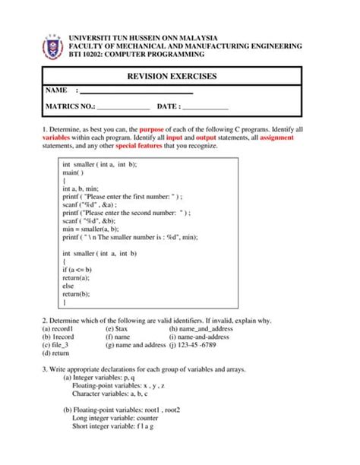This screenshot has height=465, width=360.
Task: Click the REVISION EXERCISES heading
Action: pyautogui.click(x=172, y=76)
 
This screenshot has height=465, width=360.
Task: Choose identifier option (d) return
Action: pyautogui.click(x=56, y=353)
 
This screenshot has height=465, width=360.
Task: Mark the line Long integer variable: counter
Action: pyautogui.click(x=115, y=418)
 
